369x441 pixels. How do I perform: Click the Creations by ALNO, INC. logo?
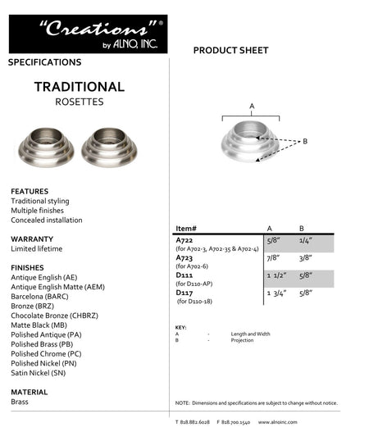(x=88, y=34)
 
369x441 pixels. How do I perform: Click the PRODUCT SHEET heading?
(x=230, y=51)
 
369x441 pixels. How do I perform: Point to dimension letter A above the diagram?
(x=252, y=107)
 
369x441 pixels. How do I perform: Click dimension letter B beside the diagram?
(x=304, y=142)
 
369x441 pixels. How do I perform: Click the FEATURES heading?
(x=30, y=191)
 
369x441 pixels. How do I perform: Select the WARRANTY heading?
(x=32, y=239)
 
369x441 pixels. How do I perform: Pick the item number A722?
(x=184, y=239)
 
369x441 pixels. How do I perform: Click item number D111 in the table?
(x=184, y=275)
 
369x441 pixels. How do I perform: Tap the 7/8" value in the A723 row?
(x=273, y=257)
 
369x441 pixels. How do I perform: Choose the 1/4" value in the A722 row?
(x=305, y=240)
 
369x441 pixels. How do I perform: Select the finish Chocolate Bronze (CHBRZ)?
(x=56, y=316)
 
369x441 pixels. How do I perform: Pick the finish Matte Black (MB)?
(x=39, y=325)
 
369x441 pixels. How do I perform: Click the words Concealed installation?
(x=46, y=220)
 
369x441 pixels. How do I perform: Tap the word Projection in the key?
(x=242, y=339)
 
